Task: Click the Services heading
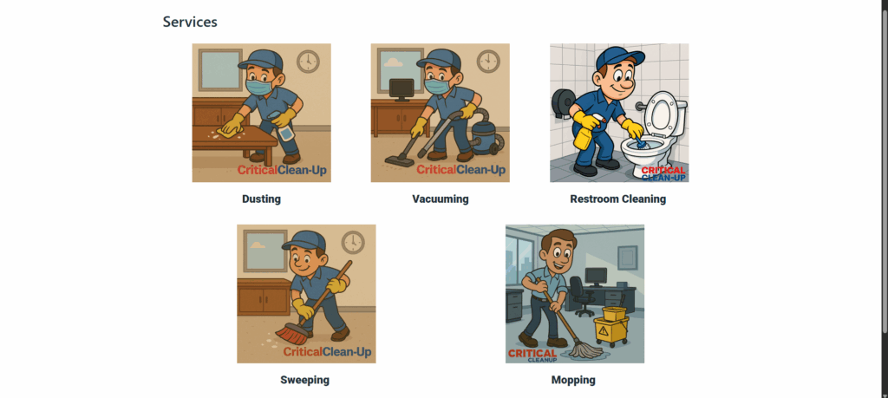point(190,22)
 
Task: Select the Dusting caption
point(261,199)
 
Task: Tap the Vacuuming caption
point(440,199)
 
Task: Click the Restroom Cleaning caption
point(617,199)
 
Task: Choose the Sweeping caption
point(304,380)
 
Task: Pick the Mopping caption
point(573,380)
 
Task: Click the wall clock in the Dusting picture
point(308,62)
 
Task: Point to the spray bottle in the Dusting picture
point(285,128)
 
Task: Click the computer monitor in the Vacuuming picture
point(402,89)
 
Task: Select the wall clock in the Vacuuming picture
point(487,62)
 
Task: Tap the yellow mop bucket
point(612,326)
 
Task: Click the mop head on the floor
point(582,349)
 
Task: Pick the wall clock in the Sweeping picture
point(352,242)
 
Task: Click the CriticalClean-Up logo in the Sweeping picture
point(327,352)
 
